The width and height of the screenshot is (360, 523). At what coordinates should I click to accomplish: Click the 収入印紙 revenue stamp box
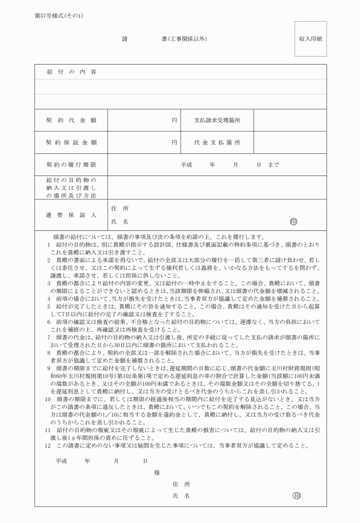click(x=311, y=39)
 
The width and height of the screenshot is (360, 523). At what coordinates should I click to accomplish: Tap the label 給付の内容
click(x=71, y=71)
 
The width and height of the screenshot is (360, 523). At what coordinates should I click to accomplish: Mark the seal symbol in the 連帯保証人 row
click(x=294, y=221)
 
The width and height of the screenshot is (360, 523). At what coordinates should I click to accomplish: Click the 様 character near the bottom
click(x=157, y=472)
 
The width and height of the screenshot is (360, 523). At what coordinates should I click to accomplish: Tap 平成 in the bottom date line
click(x=61, y=460)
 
